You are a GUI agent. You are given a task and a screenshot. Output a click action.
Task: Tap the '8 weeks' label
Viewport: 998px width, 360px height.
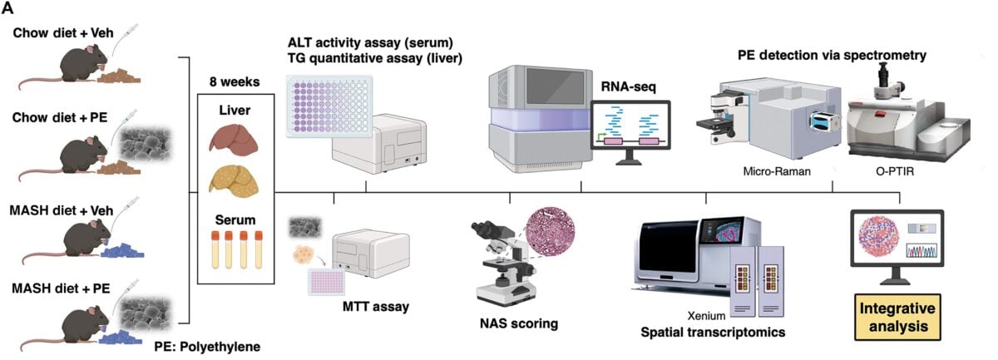235,82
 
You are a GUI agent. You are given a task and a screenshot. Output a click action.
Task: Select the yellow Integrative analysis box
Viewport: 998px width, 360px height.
897,318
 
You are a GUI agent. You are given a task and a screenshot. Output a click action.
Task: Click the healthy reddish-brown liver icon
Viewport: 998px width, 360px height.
235,139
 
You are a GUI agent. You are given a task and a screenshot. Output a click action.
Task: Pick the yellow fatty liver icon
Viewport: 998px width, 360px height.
234,180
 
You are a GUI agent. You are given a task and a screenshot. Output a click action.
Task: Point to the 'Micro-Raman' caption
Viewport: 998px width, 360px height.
777,171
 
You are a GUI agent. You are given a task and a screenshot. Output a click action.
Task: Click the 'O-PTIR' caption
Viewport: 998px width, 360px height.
895,171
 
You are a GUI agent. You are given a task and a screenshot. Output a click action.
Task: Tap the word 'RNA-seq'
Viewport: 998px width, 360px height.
628,86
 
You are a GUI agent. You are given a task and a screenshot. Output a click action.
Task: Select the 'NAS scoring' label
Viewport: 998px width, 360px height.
519,323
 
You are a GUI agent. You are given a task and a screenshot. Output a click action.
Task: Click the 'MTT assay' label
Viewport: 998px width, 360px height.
376,307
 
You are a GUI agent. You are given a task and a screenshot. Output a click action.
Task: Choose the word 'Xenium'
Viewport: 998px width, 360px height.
706,316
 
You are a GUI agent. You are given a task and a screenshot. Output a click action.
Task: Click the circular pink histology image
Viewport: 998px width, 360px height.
551,232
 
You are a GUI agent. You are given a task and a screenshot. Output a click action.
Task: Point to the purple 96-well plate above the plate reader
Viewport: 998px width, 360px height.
329,106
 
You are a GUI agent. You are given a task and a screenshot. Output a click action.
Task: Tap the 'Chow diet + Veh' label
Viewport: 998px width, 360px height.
63,33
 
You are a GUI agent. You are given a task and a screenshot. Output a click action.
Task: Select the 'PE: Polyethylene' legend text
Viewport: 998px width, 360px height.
207,347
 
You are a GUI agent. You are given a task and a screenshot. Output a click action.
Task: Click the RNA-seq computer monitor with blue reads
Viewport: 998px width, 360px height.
630,132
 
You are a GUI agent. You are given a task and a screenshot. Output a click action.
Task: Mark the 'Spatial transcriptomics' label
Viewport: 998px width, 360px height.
713,333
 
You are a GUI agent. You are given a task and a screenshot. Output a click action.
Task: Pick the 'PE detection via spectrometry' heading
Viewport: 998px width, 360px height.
832,55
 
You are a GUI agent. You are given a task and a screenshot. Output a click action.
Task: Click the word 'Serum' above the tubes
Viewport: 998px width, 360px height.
235,220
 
